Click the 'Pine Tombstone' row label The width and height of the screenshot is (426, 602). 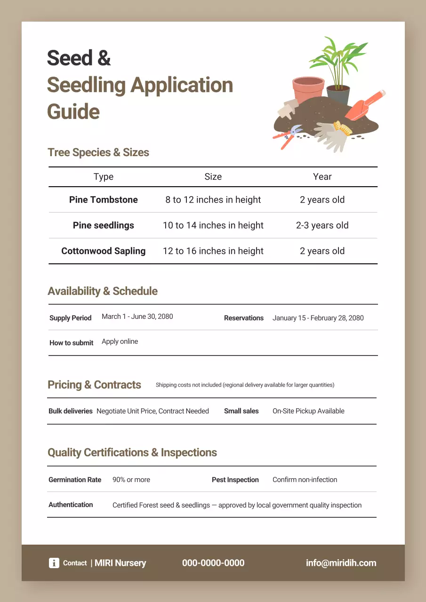coord(104,200)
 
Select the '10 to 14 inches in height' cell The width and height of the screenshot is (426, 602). coord(213,225)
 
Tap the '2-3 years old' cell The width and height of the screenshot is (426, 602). coord(322,225)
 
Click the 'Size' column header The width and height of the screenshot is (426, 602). coord(213,177)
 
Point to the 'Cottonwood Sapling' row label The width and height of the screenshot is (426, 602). coord(104,251)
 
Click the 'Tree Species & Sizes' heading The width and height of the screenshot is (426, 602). coord(98,152)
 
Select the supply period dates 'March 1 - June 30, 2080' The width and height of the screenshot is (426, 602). coord(137,317)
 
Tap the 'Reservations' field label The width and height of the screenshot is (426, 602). coord(243,318)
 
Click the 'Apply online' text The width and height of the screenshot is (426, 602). coord(120,341)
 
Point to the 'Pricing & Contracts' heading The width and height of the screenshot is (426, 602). coord(94,385)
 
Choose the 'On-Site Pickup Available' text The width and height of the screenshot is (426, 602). coord(308,411)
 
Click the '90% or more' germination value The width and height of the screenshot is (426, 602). coord(131,480)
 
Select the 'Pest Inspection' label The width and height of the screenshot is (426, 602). coord(235,480)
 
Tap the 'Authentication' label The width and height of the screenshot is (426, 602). coord(71,505)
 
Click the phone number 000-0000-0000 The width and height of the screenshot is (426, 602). coord(213,563)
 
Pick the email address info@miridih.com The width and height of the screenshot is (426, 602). coord(341,563)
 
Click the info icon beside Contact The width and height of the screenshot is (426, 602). coord(54,563)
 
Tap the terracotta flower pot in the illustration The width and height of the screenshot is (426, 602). coord(308,89)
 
